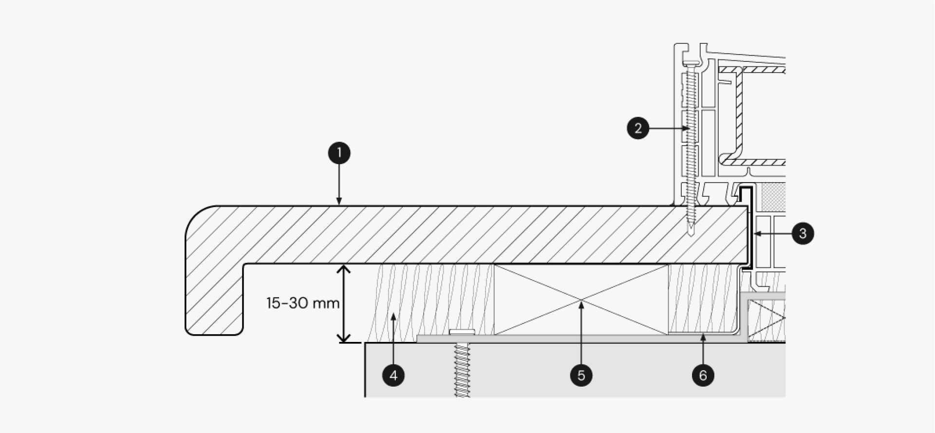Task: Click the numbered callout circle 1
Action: [x=339, y=153]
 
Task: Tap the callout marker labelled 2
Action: [x=638, y=129]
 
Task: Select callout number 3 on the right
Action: [x=803, y=233]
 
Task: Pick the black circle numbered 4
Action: [x=393, y=375]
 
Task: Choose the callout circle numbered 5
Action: [x=581, y=375]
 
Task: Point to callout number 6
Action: [x=703, y=375]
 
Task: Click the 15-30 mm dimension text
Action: [x=303, y=303]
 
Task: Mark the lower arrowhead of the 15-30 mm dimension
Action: [x=344, y=337]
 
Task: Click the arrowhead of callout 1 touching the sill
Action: [x=339, y=201]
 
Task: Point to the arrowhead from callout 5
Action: [x=581, y=305]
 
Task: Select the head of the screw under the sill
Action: [x=462, y=332]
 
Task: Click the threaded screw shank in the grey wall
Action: [x=462, y=370]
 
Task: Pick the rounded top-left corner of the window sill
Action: [x=195, y=215]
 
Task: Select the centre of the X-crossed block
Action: [x=581, y=300]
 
